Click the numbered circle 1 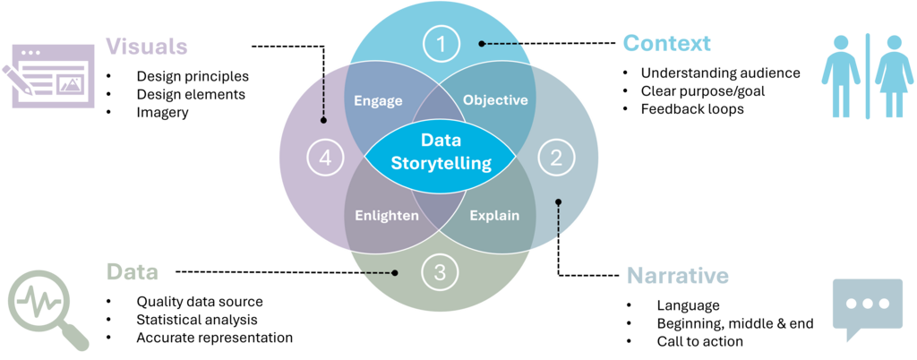(440, 43)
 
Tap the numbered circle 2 (556, 159)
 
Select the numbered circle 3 (440, 273)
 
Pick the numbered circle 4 (325, 159)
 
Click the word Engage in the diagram (378, 100)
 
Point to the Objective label (495, 100)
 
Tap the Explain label (494, 216)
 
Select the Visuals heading (147, 46)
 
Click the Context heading (667, 43)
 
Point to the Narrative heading (678, 276)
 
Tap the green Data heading (132, 272)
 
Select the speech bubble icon (866, 306)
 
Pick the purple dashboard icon (52, 76)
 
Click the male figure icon (841, 74)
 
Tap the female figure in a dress (894, 74)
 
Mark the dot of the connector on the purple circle (323, 120)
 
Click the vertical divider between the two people (868, 74)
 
